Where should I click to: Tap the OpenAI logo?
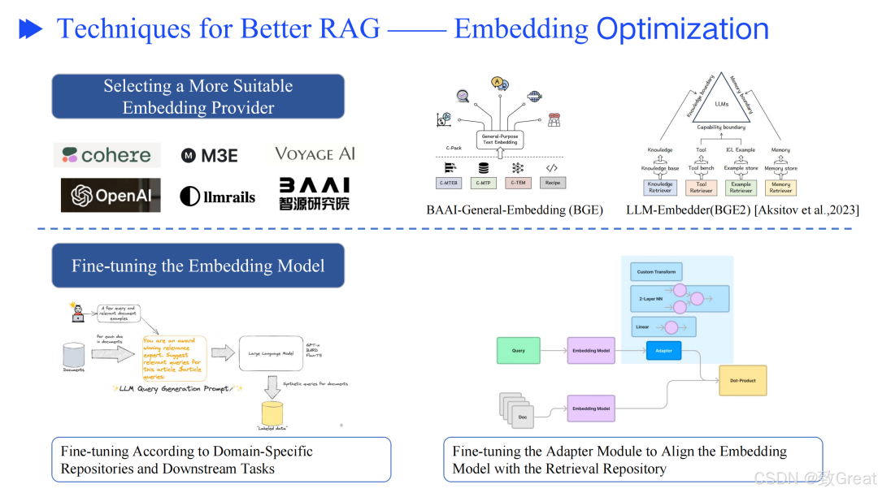click(x=111, y=196)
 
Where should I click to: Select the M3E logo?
click(x=209, y=156)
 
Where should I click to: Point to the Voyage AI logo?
click(x=315, y=154)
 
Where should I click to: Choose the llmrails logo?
click(x=217, y=197)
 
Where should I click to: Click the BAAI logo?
click(x=314, y=194)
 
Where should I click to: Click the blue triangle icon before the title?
click(x=31, y=30)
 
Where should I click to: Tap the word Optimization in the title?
click(x=682, y=29)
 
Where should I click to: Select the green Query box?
click(x=518, y=351)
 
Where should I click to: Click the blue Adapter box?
click(x=663, y=351)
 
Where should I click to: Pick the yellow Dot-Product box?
click(x=742, y=380)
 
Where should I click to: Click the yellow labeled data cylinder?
click(x=272, y=413)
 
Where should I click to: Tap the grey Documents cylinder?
click(x=74, y=355)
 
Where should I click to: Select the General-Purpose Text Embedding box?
click(x=499, y=140)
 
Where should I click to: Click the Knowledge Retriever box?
click(x=659, y=188)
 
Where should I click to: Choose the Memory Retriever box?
click(x=780, y=188)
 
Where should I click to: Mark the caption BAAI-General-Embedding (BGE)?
click(x=515, y=210)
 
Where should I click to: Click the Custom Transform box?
click(x=656, y=272)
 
